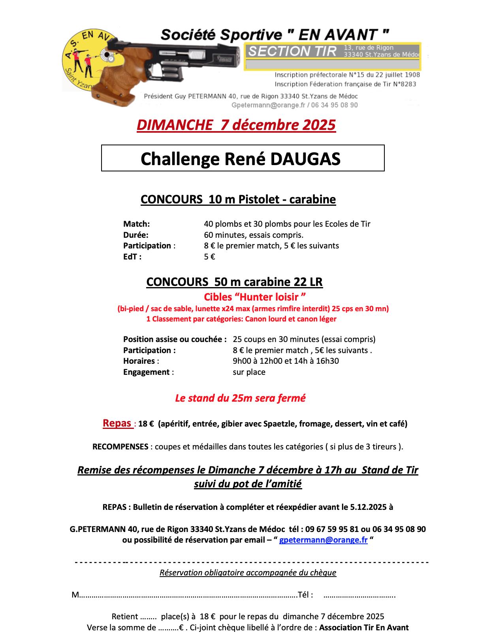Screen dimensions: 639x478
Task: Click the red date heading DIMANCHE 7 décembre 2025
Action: pos(236,125)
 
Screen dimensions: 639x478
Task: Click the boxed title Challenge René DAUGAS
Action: pos(240,159)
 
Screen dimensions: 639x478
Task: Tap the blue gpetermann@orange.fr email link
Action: pos(323,540)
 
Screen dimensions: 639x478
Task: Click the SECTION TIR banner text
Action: pos(292,51)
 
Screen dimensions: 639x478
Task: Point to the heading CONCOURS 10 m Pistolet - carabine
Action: pos(238,199)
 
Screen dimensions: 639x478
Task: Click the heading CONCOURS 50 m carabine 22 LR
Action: pos(234,282)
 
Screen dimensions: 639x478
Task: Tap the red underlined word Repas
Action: pos(117,423)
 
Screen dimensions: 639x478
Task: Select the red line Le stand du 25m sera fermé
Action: pos(240,398)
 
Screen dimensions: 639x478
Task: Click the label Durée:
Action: pos(136,235)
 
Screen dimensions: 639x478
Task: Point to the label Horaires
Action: pos(139,361)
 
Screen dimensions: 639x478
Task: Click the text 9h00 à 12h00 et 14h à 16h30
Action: pos(286,361)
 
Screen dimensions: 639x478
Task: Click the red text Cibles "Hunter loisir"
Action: pos(255,297)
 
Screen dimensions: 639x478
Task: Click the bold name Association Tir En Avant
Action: pos(364,628)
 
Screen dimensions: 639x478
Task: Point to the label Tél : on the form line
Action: pos(305,595)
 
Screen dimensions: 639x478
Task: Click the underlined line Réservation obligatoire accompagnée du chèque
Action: pos(248,573)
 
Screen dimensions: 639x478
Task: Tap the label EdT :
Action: pos(132,257)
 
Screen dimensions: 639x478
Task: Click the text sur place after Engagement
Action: pos(249,372)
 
